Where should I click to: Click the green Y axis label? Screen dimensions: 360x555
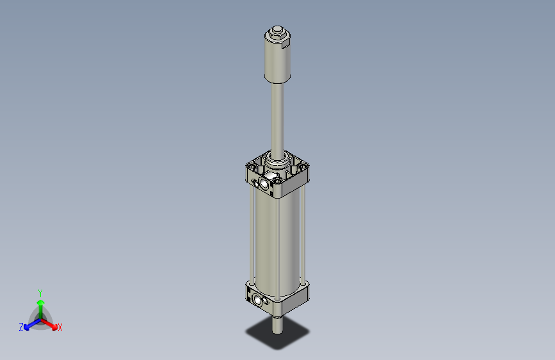tap(40, 292)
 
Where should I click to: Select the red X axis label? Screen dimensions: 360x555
tap(60, 327)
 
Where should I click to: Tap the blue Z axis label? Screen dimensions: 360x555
tap(21, 327)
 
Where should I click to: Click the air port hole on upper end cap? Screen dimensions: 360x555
tap(263, 184)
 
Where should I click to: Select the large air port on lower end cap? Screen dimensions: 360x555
tap(259, 300)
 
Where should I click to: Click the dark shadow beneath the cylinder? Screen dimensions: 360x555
tap(277, 335)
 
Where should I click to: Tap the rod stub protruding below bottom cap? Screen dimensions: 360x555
tap(277, 324)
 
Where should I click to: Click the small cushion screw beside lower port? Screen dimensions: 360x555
tap(250, 296)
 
